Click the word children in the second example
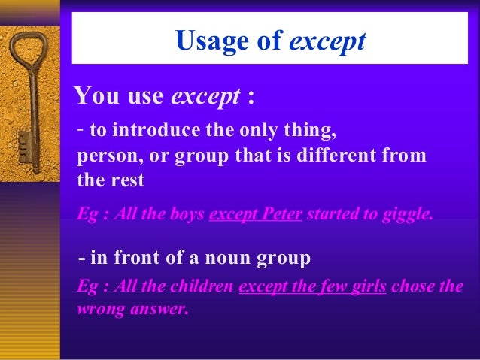[202, 288]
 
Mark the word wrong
[99, 308]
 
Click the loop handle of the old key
[29, 57]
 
